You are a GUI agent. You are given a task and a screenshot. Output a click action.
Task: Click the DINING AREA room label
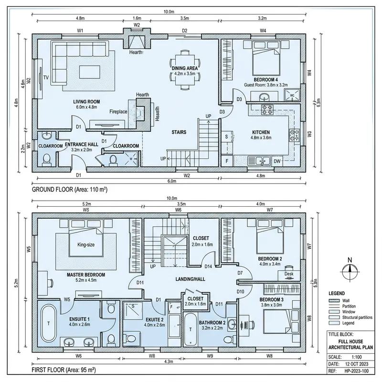coord(185,68)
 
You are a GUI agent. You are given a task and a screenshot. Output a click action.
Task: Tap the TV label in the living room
coord(46,77)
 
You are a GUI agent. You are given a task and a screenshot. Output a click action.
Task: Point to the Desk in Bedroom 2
coord(288,274)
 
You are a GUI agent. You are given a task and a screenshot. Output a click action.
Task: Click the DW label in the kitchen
coord(277,161)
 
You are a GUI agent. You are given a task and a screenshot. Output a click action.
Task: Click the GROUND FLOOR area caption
coord(69,190)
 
